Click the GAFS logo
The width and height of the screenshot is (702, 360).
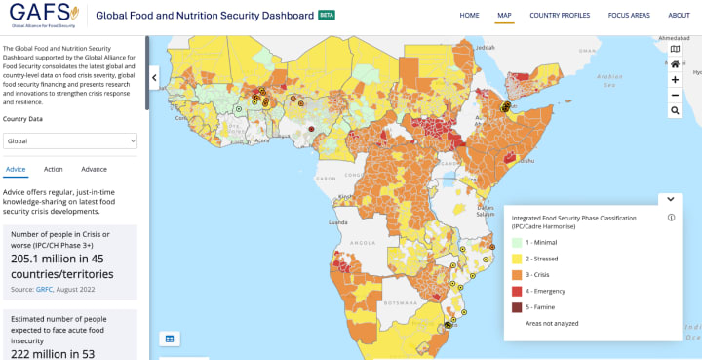[39, 16]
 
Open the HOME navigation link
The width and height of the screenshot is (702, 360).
[469, 16]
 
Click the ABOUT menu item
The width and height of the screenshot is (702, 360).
[679, 16]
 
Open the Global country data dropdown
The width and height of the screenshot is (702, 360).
[70, 140]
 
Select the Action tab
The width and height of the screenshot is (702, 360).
[54, 169]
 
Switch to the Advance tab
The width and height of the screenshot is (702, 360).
[95, 169]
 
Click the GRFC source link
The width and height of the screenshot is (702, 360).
[44, 289]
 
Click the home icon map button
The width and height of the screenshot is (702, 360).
[675, 63]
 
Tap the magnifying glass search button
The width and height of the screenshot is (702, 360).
[675, 111]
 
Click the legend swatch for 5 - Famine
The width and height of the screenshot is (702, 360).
[517, 307]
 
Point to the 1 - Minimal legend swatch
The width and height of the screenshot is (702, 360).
[517, 242]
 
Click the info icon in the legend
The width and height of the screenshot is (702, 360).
[671, 218]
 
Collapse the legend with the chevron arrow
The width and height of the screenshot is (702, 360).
[670, 199]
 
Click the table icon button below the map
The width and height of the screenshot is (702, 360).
[169, 339]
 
